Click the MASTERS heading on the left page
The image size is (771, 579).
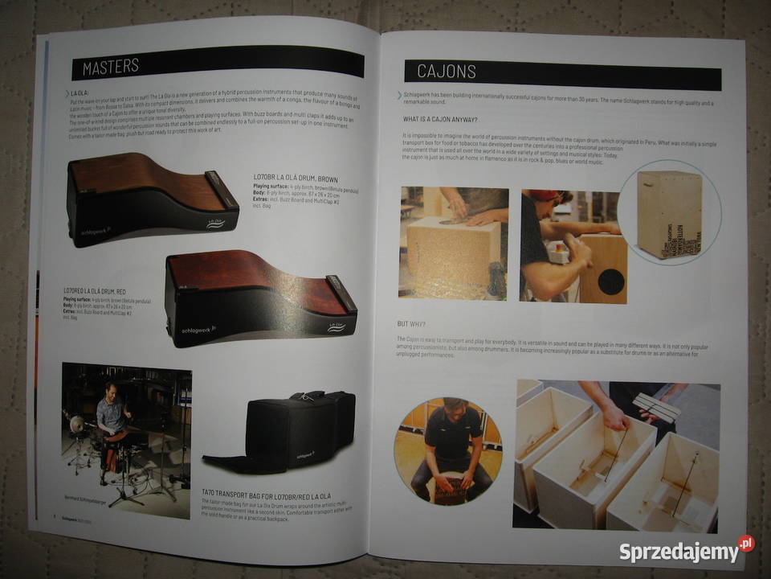pyautogui.click(x=111, y=67)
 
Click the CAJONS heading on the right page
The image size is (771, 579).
pyautogui.click(x=447, y=72)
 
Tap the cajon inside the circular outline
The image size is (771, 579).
pyautogui.click(x=670, y=213)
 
